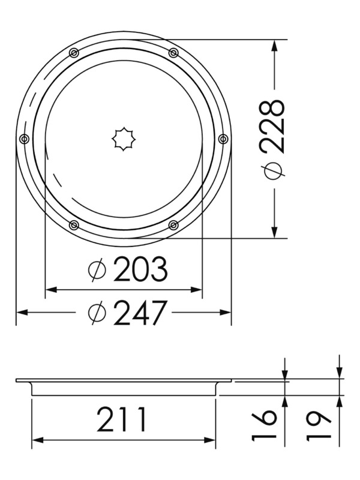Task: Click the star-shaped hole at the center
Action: point(123,139)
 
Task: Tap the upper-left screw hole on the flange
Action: point(74,53)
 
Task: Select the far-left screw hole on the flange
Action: point(24,139)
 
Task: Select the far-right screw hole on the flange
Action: point(223,139)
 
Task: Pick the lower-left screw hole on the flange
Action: point(74,225)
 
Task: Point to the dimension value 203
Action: point(140,271)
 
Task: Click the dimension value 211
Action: point(122,420)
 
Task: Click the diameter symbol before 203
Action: point(96,271)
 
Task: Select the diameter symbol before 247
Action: point(96,313)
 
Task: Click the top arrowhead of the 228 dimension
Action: point(274,45)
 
